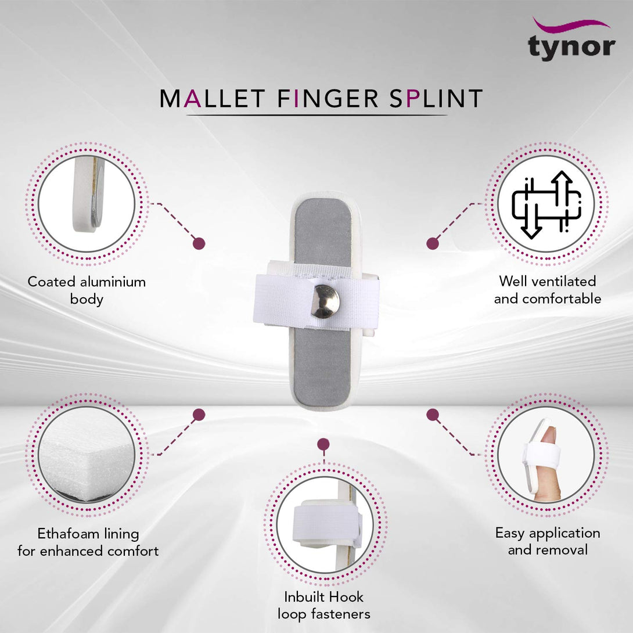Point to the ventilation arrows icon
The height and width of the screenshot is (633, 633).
click(546, 204)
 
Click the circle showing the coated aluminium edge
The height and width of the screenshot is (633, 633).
click(87, 203)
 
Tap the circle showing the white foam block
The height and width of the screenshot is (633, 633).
click(87, 454)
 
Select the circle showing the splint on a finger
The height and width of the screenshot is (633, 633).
click(546, 454)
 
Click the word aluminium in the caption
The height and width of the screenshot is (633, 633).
click(113, 282)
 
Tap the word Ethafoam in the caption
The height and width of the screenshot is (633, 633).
click(64, 533)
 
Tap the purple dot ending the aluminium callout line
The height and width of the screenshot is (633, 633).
click(199, 243)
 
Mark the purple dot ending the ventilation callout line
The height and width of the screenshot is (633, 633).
click(432, 243)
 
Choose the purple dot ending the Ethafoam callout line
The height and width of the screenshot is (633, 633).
click(199, 415)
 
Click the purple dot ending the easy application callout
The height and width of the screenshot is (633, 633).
click(432, 415)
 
